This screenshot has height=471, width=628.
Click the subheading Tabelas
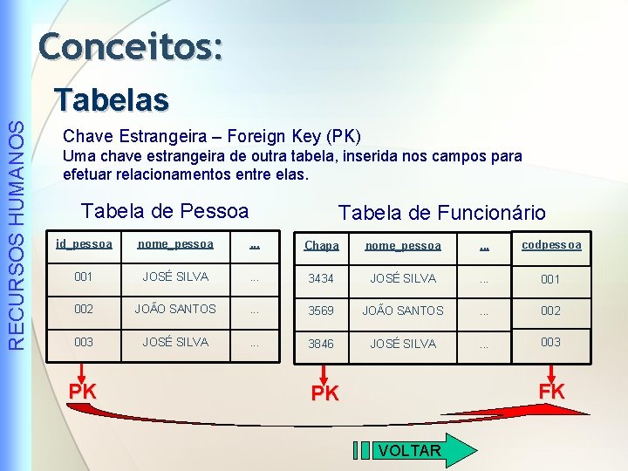point(111,99)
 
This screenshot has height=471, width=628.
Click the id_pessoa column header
point(84,244)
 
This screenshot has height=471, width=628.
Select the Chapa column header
point(321,246)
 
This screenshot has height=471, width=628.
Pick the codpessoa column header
point(551,244)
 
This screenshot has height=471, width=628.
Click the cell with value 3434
point(321,279)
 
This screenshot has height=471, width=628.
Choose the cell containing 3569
point(321,311)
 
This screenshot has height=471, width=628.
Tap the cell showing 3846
point(321,344)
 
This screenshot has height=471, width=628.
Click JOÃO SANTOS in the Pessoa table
point(175,309)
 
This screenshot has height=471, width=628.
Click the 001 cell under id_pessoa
point(84,277)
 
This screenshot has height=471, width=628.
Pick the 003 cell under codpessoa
point(550,342)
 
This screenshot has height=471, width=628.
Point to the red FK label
point(551,392)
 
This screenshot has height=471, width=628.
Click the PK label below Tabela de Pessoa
point(83,392)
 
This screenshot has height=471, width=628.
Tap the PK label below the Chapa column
point(324,394)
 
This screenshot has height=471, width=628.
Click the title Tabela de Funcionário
point(441,213)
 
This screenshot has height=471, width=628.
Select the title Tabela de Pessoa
point(165,211)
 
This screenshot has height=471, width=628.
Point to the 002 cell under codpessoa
point(550,311)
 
